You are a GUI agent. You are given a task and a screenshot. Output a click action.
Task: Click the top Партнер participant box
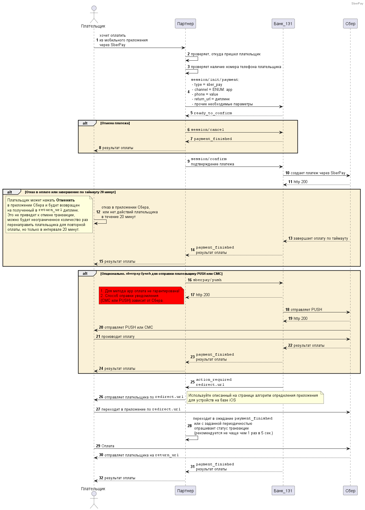(185, 24)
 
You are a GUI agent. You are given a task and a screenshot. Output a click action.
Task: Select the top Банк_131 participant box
(283, 24)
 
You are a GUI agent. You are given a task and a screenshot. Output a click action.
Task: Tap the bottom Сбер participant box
(350, 490)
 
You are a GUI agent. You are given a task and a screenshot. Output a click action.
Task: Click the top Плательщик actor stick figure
(94, 14)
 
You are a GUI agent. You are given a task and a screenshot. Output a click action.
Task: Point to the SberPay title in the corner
(357, 4)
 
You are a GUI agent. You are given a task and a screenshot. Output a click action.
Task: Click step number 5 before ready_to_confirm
(192, 113)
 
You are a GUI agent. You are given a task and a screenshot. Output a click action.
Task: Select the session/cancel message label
(207, 130)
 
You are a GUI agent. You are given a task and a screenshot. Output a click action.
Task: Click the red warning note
(142, 296)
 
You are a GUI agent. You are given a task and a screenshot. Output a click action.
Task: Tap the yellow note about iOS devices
(255, 398)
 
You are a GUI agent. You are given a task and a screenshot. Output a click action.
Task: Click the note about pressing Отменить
(49, 214)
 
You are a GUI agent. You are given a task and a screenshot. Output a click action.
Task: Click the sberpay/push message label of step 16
(207, 280)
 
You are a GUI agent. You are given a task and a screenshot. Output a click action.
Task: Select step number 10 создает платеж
(287, 173)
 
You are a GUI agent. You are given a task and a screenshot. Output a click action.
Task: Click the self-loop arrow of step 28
(192, 438)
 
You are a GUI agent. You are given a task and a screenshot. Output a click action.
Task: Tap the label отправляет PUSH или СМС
(129, 327)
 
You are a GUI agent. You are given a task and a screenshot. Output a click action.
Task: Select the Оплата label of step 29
(108, 446)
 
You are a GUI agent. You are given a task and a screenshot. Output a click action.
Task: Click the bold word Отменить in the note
(65, 200)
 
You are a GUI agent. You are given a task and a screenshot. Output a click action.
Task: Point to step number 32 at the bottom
(101, 478)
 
